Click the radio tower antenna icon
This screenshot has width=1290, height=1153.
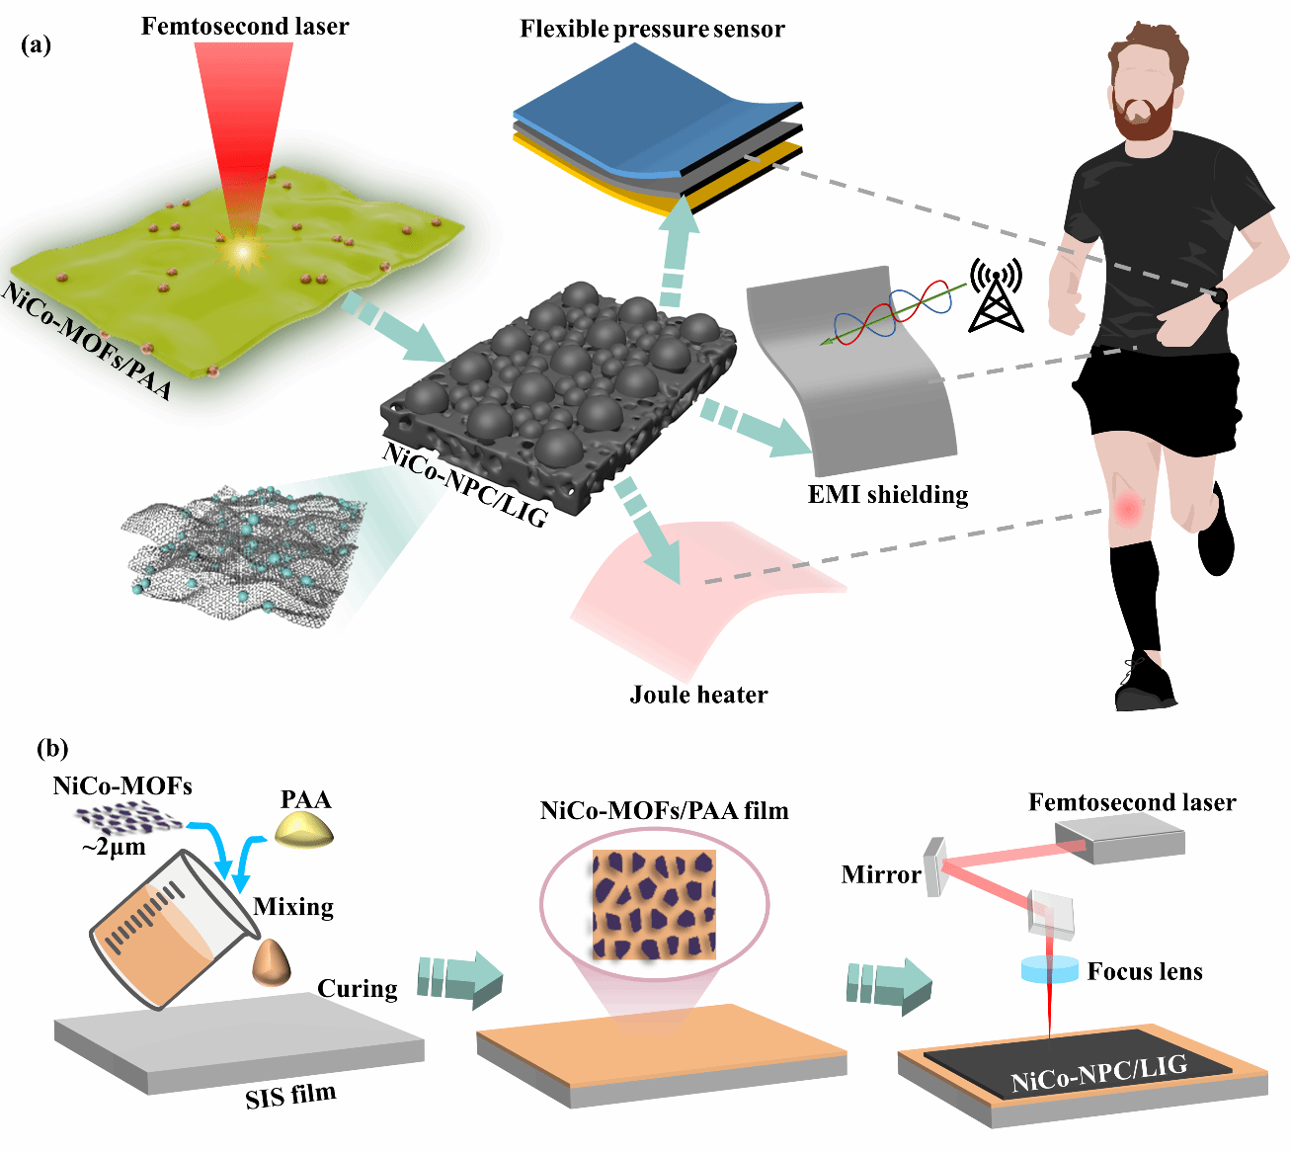(996, 295)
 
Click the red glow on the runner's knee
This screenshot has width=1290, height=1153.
(1126, 509)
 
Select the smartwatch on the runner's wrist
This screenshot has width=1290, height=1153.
(1220, 295)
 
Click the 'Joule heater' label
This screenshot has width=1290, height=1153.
(698, 695)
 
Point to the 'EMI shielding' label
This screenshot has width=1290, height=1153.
(888, 494)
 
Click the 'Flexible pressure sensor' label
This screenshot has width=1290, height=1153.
(652, 29)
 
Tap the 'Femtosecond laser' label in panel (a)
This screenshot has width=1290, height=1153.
(244, 26)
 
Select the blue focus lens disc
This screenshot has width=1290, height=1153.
(1049, 969)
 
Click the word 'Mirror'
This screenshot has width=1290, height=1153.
(880, 874)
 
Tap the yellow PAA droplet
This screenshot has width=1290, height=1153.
(304, 831)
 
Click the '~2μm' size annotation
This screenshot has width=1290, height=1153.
(113, 847)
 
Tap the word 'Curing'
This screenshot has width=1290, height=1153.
(357, 988)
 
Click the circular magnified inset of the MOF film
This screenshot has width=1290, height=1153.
(654, 903)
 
